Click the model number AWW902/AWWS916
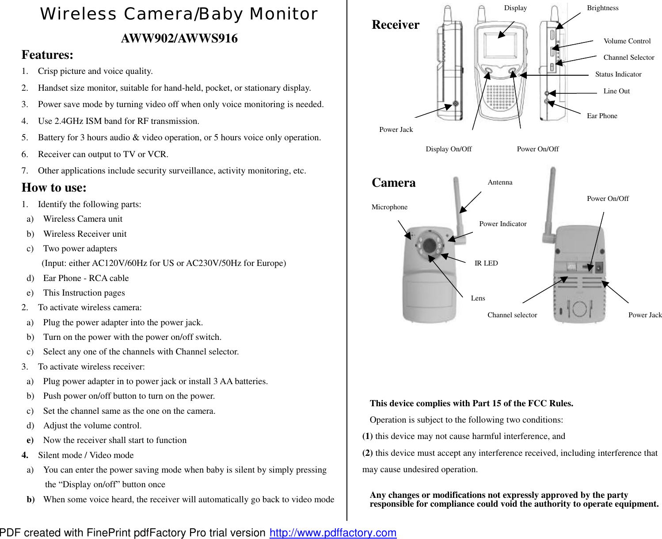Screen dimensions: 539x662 [x=179, y=38]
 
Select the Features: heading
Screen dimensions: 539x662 [x=47, y=55]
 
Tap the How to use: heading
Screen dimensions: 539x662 [x=54, y=188]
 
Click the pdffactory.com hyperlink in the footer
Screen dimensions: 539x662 [x=333, y=532]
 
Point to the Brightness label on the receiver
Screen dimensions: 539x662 [x=602, y=8]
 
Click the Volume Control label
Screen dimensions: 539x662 [x=627, y=41]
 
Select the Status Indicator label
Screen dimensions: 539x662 [x=618, y=74]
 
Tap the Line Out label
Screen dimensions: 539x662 [x=616, y=91]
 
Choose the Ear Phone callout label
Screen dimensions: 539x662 [x=602, y=116]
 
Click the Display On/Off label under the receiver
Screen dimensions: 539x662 [x=449, y=149]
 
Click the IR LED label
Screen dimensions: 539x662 [x=486, y=263]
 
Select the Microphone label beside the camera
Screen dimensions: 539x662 [x=389, y=207]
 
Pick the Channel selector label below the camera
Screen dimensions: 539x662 [x=512, y=315]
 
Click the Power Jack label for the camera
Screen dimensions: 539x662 [x=645, y=315]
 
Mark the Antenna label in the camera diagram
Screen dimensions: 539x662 [x=500, y=182]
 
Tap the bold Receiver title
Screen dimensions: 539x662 [x=396, y=25]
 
